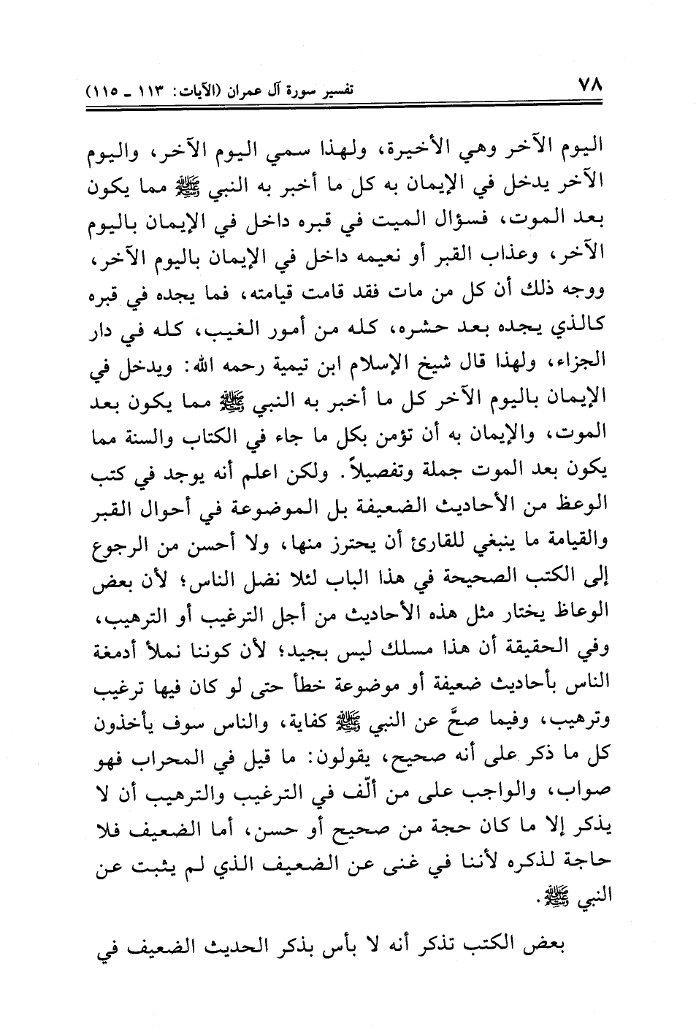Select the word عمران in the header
coord(266,92)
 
